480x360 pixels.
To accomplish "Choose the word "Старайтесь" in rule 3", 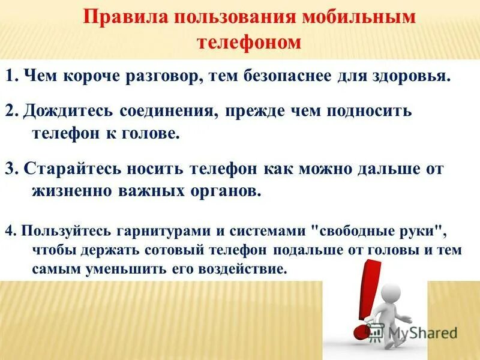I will [x=63, y=169].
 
